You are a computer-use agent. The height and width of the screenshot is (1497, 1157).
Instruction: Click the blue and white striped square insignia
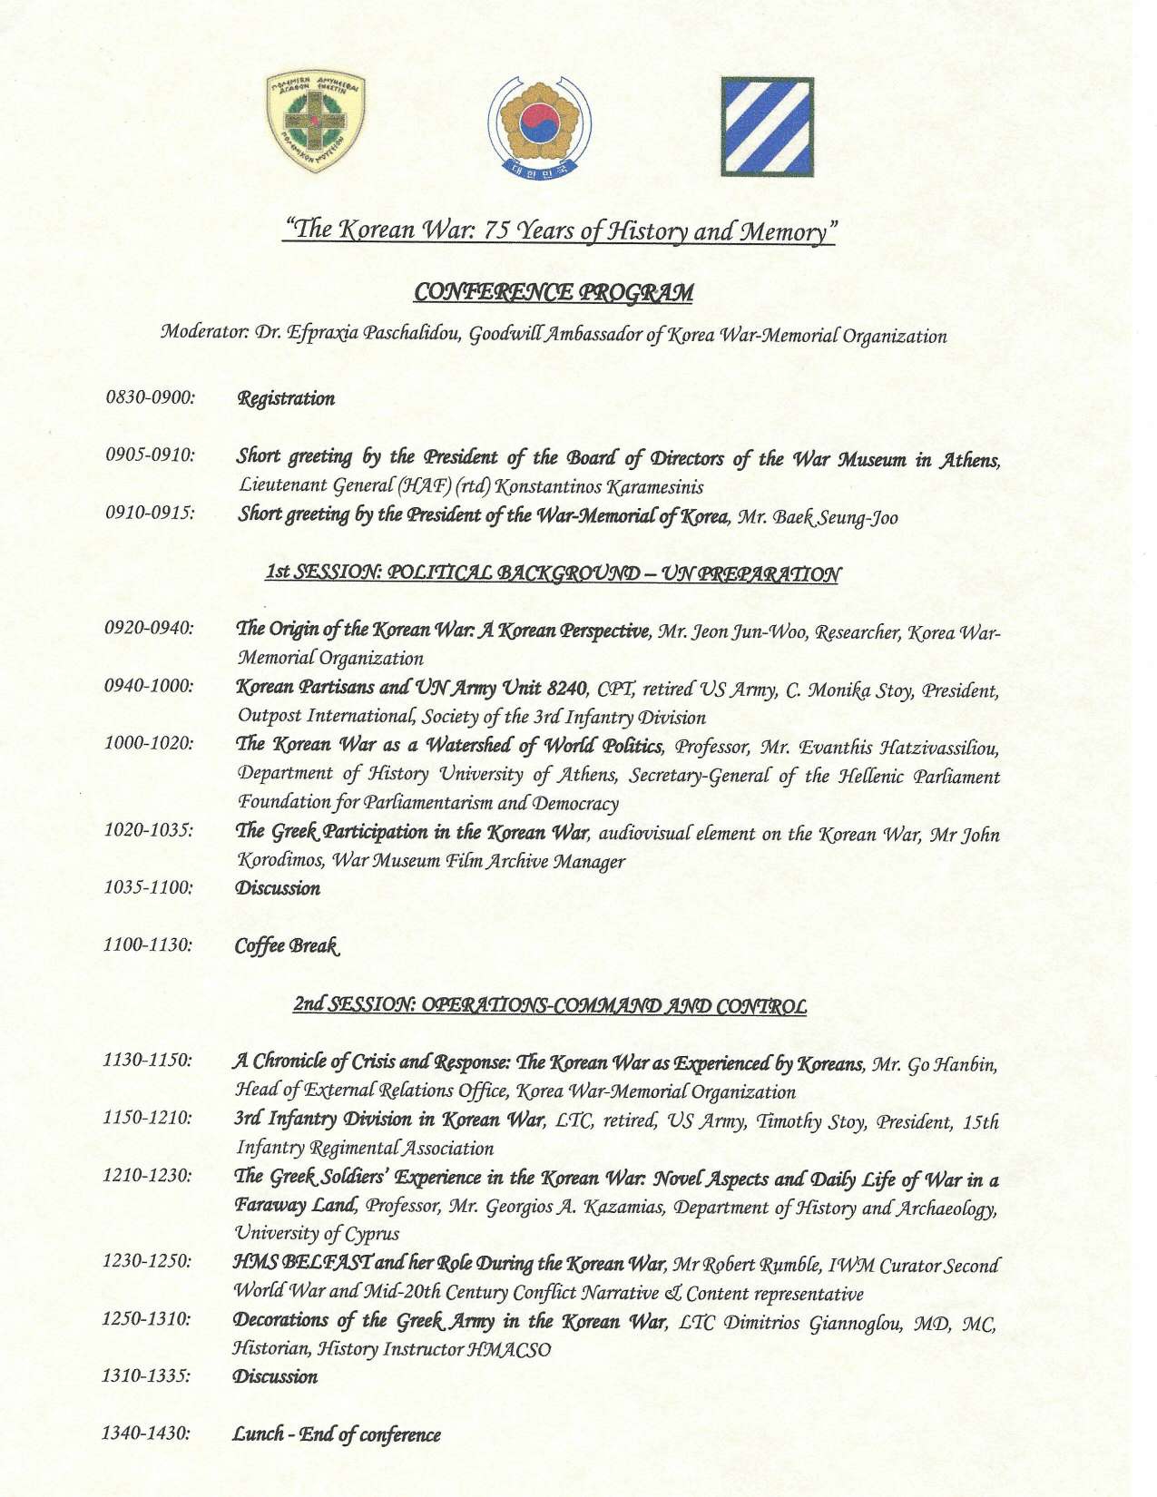767,127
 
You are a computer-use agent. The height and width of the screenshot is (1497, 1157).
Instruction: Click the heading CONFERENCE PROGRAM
554,292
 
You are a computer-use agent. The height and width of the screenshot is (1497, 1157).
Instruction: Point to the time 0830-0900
150,397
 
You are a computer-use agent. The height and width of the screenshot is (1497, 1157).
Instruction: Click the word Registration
286,398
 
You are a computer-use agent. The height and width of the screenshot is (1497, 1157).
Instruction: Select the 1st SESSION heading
553,573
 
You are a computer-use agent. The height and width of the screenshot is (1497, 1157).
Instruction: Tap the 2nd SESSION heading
549,1005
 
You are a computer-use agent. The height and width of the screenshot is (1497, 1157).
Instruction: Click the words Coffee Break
287,945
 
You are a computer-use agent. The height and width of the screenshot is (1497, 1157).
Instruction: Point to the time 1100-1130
148,944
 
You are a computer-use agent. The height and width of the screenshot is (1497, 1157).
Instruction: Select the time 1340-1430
146,1433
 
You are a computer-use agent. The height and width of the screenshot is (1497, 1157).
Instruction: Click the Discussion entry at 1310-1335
276,1376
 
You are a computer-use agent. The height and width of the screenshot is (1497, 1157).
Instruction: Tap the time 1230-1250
146,1261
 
